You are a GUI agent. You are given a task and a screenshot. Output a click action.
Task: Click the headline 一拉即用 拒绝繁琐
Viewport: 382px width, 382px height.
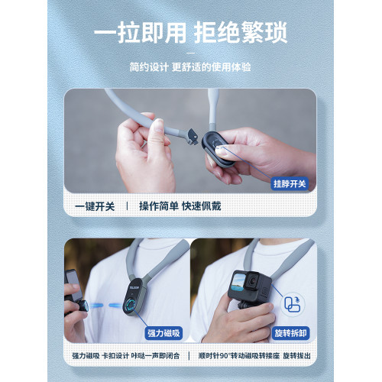pyautogui.click(x=191, y=33)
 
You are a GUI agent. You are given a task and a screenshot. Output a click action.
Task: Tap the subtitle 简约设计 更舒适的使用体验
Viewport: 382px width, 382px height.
pyautogui.click(x=190, y=67)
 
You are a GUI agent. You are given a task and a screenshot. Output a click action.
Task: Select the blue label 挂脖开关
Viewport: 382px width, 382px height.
pyautogui.click(x=290, y=183)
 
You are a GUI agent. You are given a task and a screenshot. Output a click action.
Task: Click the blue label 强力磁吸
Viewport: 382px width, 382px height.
pyautogui.click(x=163, y=333)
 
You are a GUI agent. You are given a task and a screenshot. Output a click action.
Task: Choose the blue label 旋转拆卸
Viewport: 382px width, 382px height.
pyautogui.click(x=290, y=333)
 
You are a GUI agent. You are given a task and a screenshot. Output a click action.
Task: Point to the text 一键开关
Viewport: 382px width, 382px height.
pyautogui.click(x=95, y=206)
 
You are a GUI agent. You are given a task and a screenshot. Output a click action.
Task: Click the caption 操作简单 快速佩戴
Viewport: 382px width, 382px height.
pyautogui.click(x=180, y=206)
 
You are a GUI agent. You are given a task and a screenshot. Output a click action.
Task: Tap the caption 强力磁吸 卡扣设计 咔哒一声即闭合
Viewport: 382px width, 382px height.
pyautogui.click(x=126, y=356)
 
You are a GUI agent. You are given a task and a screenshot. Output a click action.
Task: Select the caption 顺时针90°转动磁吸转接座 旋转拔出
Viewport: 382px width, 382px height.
pyautogui.click(x=254, y=356)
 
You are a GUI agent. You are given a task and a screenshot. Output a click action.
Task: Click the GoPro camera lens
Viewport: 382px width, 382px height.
pyautogui.click(x=252, y=280)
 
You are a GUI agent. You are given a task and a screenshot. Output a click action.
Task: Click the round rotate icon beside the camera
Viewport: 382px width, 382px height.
pyautogui.click(x=293, y=304)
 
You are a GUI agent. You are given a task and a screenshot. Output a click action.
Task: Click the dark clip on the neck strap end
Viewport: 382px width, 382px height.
pyautogui.click(x=193, y=137)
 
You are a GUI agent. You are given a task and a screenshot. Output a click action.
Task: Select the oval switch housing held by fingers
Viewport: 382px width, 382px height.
pyautogui.click(x=218, y=149)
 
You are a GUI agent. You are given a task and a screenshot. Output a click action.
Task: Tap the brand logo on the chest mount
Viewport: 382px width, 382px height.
pyautogui.click(x=134, y=287)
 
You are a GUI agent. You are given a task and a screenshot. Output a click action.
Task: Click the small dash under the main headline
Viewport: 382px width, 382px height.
pyautogui.click(x=190, y=53)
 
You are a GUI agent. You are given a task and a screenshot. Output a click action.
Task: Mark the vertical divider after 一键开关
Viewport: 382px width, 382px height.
pyautogui.click(x=128, y=206)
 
